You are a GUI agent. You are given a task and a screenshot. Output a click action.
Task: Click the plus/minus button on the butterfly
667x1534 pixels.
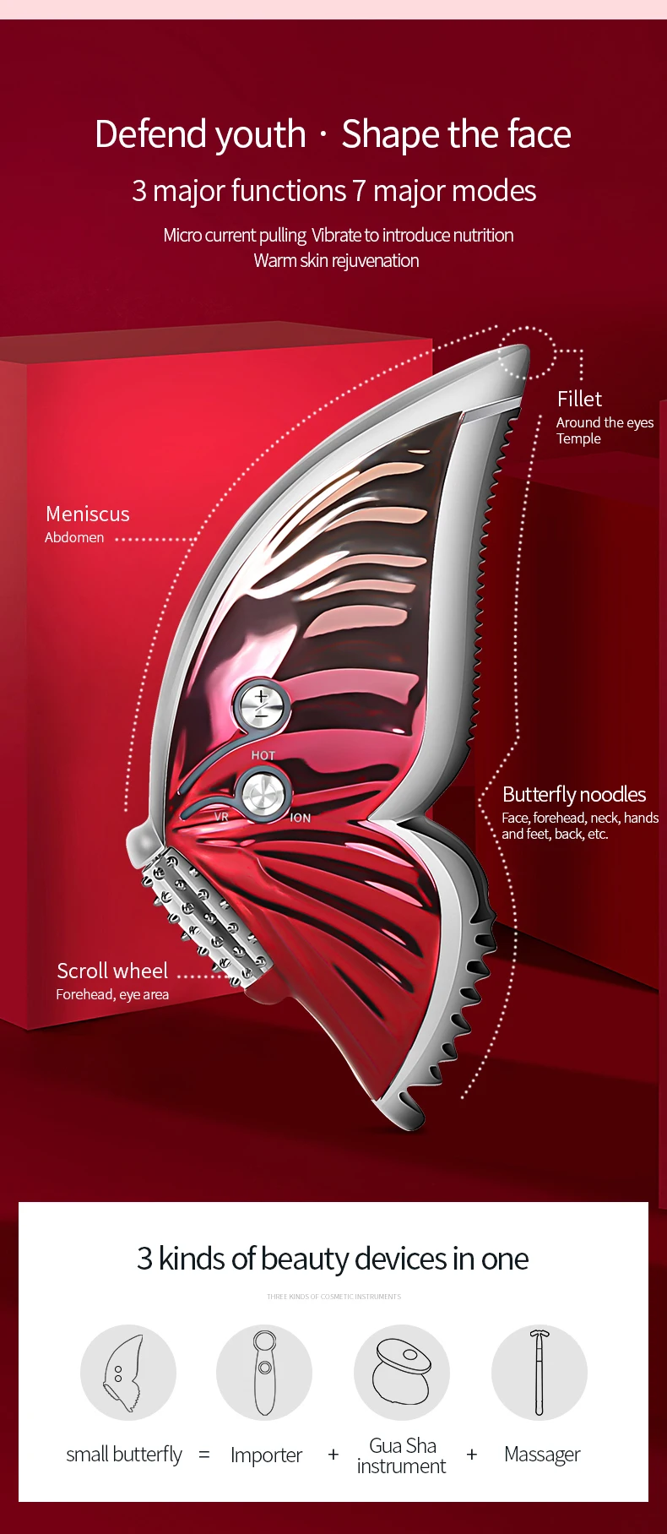[261, 704]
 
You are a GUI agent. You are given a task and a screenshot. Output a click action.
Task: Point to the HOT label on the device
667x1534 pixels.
[263, 755]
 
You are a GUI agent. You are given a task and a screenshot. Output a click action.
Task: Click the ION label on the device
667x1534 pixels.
[301, 818]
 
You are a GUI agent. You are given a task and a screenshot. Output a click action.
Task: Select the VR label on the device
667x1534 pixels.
[221, 817]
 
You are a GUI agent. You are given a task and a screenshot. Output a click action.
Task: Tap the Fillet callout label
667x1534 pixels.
[579, 399]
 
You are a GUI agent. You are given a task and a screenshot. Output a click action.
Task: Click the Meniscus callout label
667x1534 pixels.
[88, 514]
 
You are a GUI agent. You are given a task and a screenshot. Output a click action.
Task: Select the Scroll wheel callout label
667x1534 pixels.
[112, 971]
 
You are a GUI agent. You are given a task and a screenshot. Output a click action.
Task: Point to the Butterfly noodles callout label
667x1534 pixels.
[574, 794]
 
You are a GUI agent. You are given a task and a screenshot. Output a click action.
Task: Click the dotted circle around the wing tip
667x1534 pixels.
[526, 352]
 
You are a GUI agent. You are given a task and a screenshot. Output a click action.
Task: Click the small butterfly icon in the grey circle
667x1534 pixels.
[128, 1373]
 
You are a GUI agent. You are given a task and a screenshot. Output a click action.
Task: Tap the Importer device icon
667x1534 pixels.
[264, 1373]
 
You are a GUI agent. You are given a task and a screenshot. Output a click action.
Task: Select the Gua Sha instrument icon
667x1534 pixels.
[402, 1373]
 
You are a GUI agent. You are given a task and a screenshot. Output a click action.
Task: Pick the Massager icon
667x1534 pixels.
[540, 1373]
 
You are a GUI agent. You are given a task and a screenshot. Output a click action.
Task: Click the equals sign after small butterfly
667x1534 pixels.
[204, 1455]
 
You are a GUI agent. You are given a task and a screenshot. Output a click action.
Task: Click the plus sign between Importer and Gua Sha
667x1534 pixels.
[333, 1455]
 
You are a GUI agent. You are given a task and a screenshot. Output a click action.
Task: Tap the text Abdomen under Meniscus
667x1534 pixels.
[74, 537]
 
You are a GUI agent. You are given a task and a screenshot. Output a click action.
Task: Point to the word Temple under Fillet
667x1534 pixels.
[578, 438]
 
